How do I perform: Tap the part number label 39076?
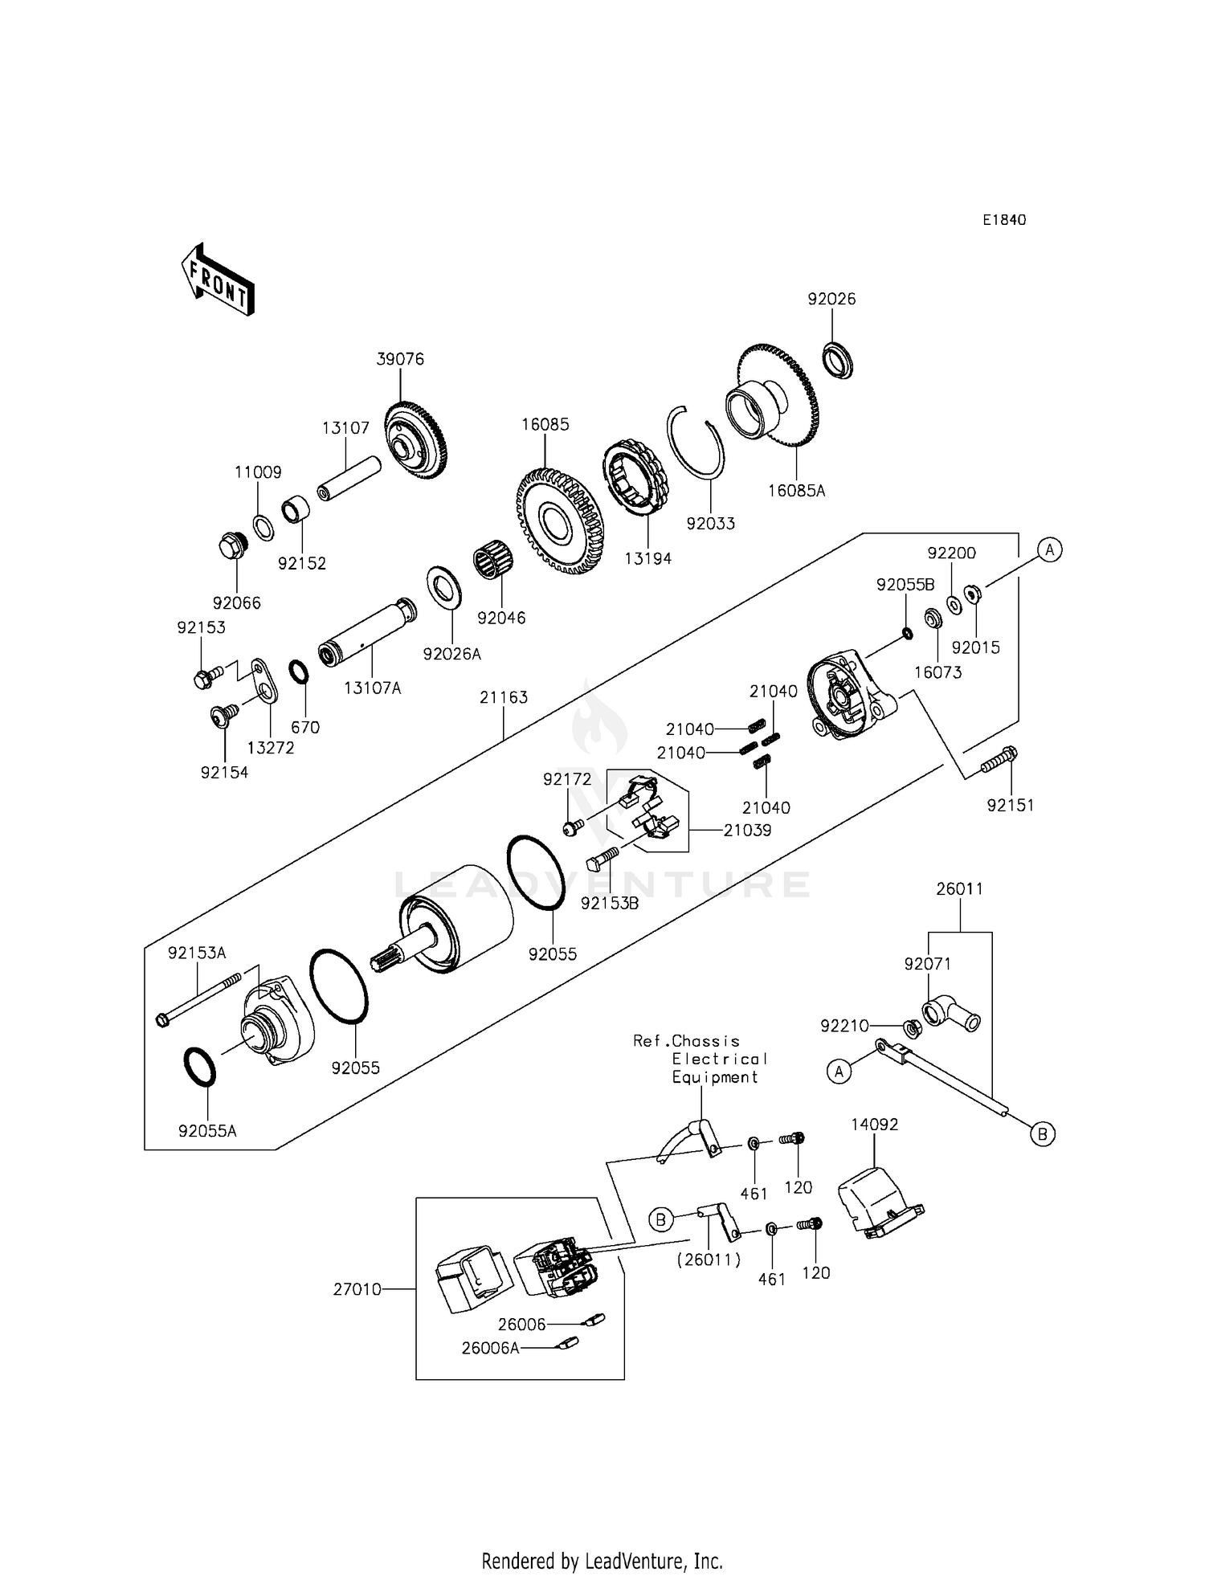tap(400, 359)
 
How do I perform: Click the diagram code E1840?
tap(1004, 220)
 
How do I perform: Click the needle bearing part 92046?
tap(495, 561)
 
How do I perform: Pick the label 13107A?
tap(372, 688)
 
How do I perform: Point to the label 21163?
tap(504, 697)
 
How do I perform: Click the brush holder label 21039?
tap(747, 830)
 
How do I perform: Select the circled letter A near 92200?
tap(1049, 550)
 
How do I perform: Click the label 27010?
tap(357, 1290)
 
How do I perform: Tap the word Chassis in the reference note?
tap(706, 1041)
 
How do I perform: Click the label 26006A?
tap(490, 1348)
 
